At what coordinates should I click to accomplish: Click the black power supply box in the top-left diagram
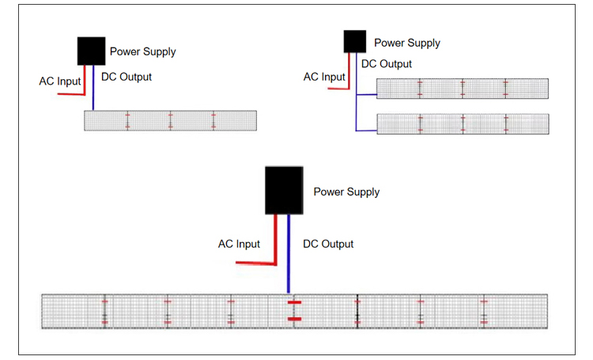[91, 51]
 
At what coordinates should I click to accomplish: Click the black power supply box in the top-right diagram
[354, 41]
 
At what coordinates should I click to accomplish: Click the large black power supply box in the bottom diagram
[283, 190]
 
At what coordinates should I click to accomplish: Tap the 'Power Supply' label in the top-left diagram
[142, 52]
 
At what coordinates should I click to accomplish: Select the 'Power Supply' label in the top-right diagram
[406, 43]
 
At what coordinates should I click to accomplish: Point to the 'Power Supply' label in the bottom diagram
[346, 192]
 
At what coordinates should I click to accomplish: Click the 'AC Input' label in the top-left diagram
[60, 81]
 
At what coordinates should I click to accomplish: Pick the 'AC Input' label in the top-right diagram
[324, 78]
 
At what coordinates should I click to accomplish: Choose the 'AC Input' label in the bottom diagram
[239, 244]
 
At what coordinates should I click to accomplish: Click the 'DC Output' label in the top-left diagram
[127, 78]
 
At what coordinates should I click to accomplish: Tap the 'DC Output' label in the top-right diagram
[387, 64]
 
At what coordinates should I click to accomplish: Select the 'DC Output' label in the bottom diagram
[328, 244]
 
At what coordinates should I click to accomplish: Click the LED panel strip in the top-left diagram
[170, 120]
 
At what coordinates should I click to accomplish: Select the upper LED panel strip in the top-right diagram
[463, 89]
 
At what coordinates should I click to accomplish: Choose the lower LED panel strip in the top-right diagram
[463, 124]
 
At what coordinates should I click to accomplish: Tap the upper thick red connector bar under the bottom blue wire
[294, 302]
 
